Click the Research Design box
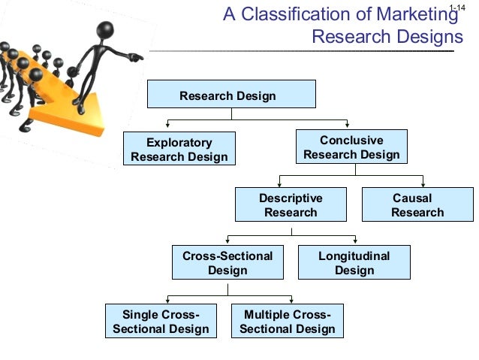point(230,95)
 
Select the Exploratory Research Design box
point(179,149)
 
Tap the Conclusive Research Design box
point(351,148)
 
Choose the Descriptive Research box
point(291,205)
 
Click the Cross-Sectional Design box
point(227,263)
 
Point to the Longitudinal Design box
point(354,263)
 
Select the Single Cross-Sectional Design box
point(161,321)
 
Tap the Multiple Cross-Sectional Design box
point(288,321)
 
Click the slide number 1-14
point(456,8)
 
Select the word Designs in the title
point(431,36)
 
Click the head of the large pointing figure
point(104,32)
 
